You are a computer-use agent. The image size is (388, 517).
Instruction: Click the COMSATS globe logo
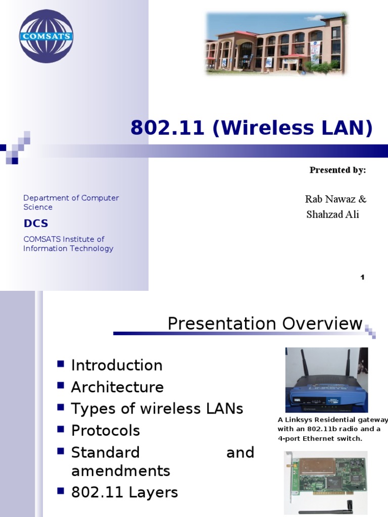pos(46,36)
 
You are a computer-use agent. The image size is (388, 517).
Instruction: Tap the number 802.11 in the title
pos(167,128)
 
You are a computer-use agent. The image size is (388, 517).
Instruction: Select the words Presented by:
pos(337,170)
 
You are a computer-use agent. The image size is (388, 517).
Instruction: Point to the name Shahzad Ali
pos(332,215)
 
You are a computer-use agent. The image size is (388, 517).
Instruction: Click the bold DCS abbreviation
pos(36,223)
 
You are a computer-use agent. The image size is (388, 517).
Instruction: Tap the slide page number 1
pos(362,277)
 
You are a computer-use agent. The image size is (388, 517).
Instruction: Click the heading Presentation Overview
pos(265,324)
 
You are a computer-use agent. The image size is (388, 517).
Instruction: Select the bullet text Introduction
pos(117,365)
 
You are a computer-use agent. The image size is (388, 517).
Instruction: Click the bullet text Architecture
pos(117,387)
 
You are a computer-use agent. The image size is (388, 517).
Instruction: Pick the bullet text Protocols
pos(106,431)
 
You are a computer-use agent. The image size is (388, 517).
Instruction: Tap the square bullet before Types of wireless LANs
pos(61,406)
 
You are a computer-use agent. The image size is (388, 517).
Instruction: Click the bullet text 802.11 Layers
pos(124,492)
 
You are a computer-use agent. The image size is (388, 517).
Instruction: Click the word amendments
pos(120,471)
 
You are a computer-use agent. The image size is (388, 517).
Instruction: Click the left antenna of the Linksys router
pos(305,363)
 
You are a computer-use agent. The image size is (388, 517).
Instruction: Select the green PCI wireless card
pos(325,477)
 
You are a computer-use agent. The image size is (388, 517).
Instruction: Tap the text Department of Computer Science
pos(71,202)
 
